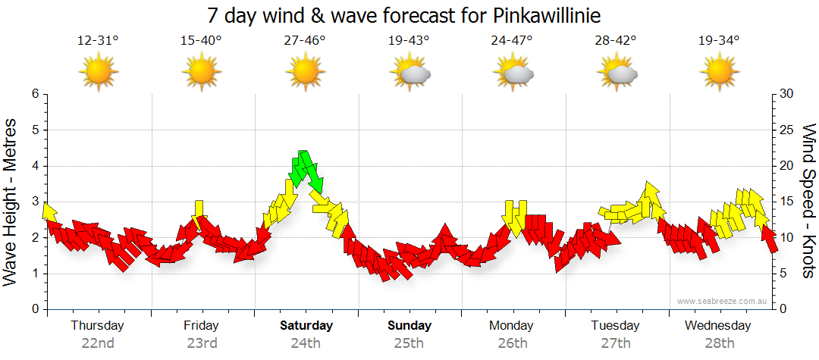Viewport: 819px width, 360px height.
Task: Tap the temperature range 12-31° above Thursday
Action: (98, 41)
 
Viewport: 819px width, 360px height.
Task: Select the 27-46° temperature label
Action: (305, 41)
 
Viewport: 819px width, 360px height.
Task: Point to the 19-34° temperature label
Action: (718, 41)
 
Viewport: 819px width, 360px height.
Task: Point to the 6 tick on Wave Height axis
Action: (35, 94)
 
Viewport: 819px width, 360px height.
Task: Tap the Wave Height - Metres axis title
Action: (12, 202)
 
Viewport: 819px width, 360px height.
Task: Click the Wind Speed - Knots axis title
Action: (808, 202)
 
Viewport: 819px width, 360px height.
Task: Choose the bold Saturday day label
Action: (306, 326)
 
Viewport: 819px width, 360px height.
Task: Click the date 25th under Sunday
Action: (409, 343)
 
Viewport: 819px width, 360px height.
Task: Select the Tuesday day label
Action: (615, 326)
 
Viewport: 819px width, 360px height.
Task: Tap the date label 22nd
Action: (98, 343)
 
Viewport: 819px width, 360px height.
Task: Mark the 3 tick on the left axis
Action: (35, 202)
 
